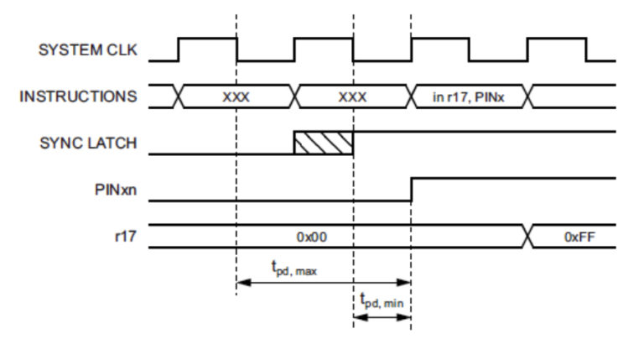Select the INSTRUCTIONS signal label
point(78,97)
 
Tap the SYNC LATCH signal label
point(88,143)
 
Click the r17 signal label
point(124,237)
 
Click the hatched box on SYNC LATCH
point(324,142)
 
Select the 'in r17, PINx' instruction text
point(468,97)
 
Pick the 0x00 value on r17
point(311,237)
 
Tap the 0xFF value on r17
point(579,237)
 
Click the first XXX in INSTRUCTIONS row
point(236,97)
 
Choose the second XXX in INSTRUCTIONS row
point(352,97)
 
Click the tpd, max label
point(293,269)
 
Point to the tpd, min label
point(382,300)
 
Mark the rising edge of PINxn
point(411,190)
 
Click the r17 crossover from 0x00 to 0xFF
point(527,237)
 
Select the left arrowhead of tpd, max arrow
point(241,284)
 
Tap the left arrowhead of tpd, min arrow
point(359,317)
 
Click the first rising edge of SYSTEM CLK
point(179,50)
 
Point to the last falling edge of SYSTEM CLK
point(586,50)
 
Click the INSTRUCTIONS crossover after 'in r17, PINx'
point(527,97)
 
